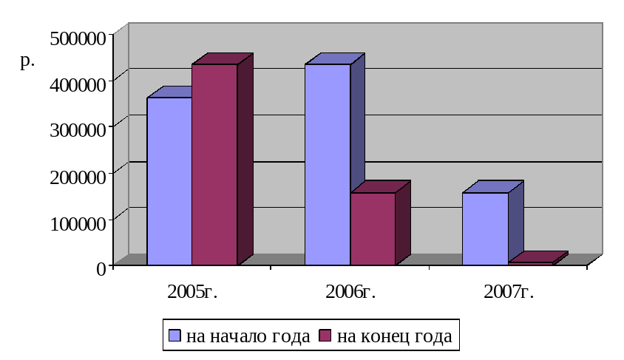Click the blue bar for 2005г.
pos(169,181)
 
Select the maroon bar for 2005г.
pos(214,164)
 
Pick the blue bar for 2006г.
pos(328,164)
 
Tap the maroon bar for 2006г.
pos(373,228)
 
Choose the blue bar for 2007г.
pos(485,228)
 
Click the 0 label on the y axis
pos(101,268)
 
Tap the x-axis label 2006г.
pos(350,291)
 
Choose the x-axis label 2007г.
pos(509,291)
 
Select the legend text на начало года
pos(248,337)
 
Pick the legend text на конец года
pos(394,337)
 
